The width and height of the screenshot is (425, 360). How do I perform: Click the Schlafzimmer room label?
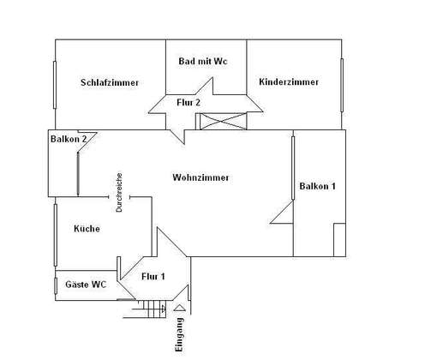click(110, 82)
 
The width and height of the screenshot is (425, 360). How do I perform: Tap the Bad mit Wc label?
click(203, 61)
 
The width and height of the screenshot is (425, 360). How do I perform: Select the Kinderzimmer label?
click(289, 82)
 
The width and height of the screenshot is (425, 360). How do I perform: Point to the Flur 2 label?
click(189, 102)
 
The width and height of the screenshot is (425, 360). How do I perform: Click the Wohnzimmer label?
click(201, 177)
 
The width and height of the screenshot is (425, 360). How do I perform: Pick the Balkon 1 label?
click(317, 186)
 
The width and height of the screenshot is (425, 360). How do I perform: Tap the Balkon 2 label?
click(69, 139)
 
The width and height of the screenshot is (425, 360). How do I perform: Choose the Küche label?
click(87, 229)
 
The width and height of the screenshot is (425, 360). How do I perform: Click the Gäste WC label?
click(86, 285)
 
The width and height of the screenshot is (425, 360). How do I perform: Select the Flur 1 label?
click(153, 276)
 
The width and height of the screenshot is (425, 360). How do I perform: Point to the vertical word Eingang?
click(179, 334)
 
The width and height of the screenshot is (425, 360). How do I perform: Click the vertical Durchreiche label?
click(119, 192)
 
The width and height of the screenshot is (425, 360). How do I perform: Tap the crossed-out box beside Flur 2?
click(223, 122)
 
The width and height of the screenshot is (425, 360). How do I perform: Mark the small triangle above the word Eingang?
click(180, 308)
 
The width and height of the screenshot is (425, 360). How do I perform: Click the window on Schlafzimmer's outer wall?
click(55, 85)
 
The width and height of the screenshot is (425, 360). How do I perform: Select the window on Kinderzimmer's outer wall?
click(342, 85)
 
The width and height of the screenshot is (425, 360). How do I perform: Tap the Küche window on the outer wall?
click(56, 235)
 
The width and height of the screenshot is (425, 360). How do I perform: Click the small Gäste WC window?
click(56, 285)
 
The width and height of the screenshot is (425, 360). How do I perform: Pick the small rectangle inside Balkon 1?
click(340, 240)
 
